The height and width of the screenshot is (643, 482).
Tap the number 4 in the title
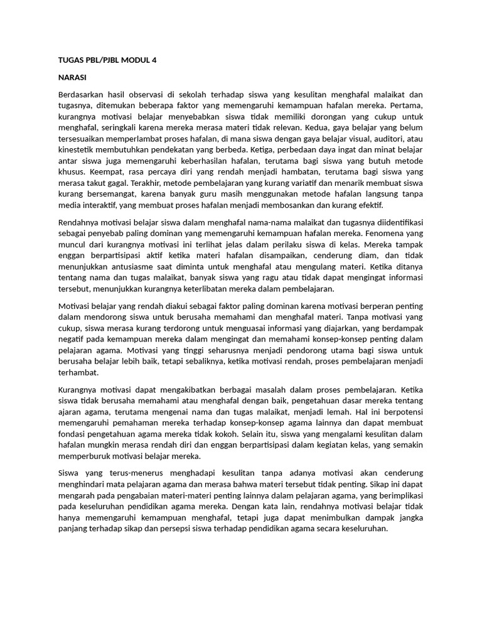coord(154,61)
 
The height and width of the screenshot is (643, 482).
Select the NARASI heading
coord(72,78)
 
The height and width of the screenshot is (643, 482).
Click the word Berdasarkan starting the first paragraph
coord(81,95)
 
